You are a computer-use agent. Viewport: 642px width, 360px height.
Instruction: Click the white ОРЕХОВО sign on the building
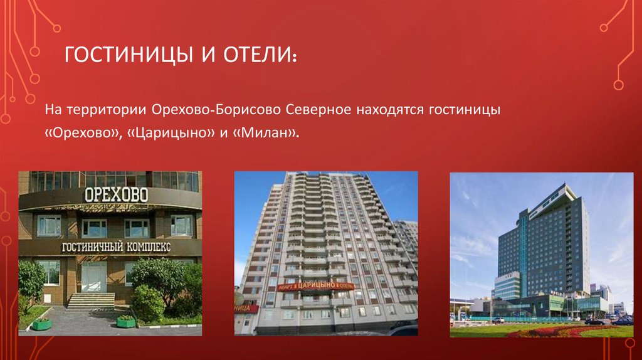pyautogui.click(x=116, y=194)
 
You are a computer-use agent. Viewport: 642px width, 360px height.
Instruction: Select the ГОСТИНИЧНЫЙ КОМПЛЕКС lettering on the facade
pyautogui.click(x=115, y=247)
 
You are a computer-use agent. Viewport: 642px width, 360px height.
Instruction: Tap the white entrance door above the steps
pyautogui.click(x=93, y=276)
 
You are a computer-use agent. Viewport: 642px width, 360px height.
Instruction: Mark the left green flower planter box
pyautogui.click(x=41, y=324)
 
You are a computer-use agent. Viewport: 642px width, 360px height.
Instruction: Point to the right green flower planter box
pyautogui.click(x=126, y=321)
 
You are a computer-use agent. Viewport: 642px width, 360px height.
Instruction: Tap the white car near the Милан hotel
pyautogui.click(x=498, y=320)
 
